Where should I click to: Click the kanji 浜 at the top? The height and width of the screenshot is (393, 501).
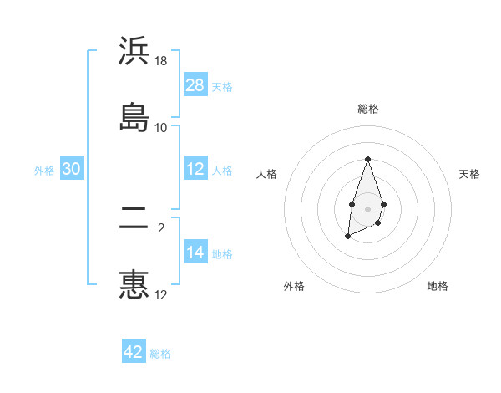[x=134, y=52]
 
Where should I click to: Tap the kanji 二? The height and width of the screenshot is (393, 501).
[x=134, y=218]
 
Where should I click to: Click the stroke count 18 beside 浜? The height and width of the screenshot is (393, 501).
[x=161, y=61]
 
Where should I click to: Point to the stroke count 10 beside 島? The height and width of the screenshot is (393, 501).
[x=161, y=127]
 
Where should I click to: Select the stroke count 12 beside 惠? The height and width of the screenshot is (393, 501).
[x=161, y=294]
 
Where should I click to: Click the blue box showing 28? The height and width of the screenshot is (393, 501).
[x=195, y=85]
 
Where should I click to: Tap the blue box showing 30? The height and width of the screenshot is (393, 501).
[x=72, y=169]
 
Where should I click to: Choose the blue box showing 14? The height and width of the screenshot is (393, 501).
[x=195, y=253]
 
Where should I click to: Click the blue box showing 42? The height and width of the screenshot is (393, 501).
[x=134, y=352]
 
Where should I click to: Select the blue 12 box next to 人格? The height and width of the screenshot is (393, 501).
[x=195, y=169]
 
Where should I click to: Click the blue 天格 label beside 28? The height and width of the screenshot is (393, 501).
[x=222, y=87]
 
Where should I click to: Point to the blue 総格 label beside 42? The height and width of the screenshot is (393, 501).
[x=160, y=354]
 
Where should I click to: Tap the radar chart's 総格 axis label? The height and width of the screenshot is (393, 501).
[x=367, y=109]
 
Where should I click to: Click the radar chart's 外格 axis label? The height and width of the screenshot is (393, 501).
[x=294, y=286]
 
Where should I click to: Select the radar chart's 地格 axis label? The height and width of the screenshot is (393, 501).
[x=438, y=286]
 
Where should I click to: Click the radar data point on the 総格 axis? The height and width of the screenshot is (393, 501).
[x=367, y=159]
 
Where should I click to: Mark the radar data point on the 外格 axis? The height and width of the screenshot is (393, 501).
[x=347, y=237]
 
